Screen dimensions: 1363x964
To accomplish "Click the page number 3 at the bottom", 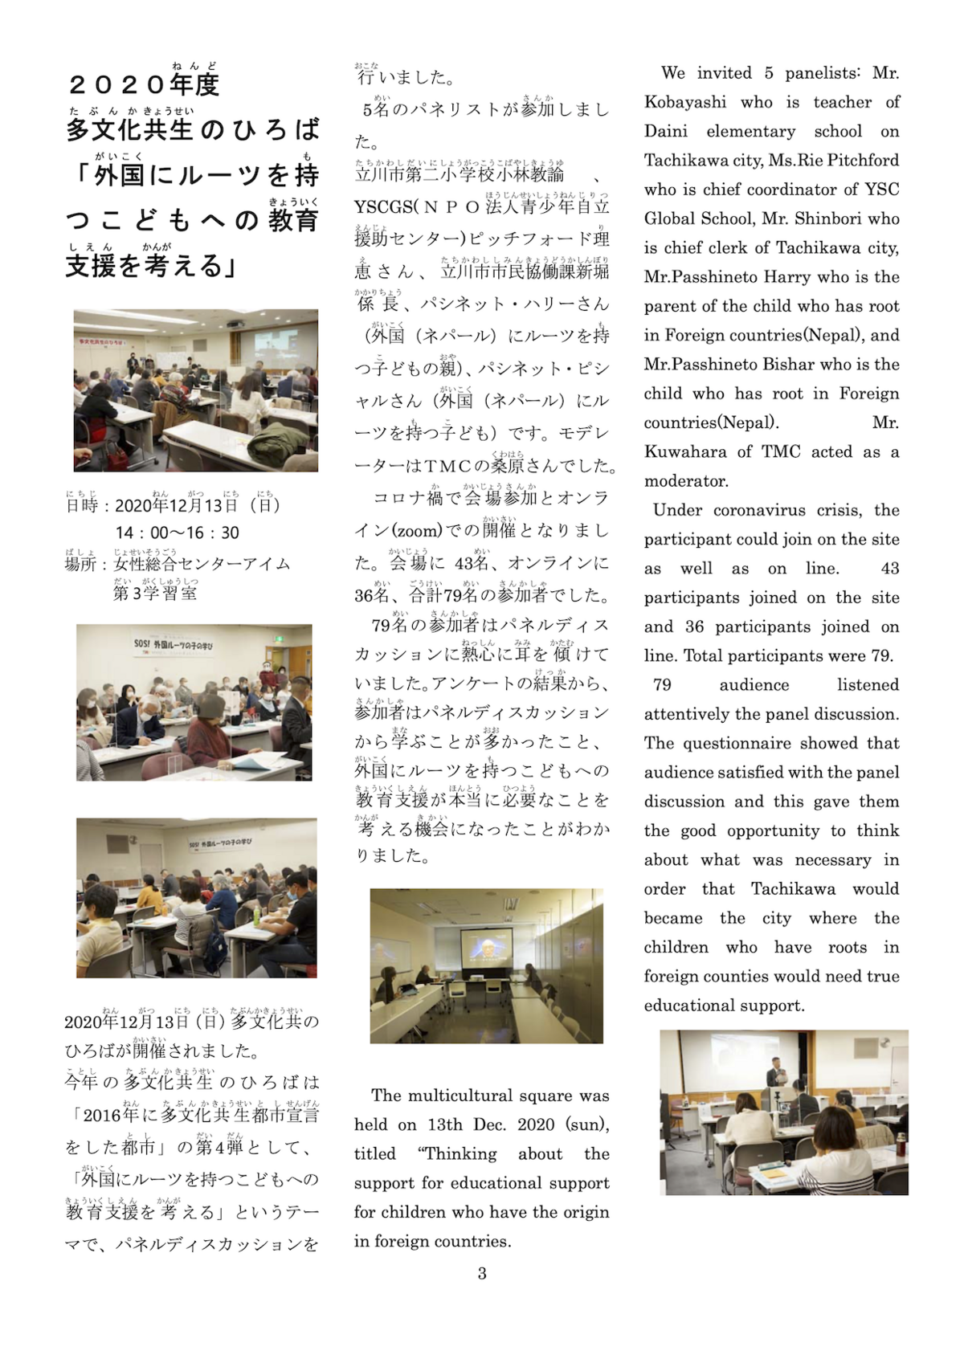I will click(482, 1273).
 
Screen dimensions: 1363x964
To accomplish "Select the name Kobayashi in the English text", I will click(685, 102).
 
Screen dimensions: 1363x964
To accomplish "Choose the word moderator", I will click(686, 480).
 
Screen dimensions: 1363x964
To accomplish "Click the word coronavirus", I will click(771, 510).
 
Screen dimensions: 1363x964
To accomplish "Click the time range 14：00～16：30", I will click(177, 533).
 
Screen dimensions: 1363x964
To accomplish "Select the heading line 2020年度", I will click(145, 84).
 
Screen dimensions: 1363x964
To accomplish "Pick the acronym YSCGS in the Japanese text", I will click(382, 206).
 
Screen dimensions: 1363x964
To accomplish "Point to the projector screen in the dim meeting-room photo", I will click(485, 950).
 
